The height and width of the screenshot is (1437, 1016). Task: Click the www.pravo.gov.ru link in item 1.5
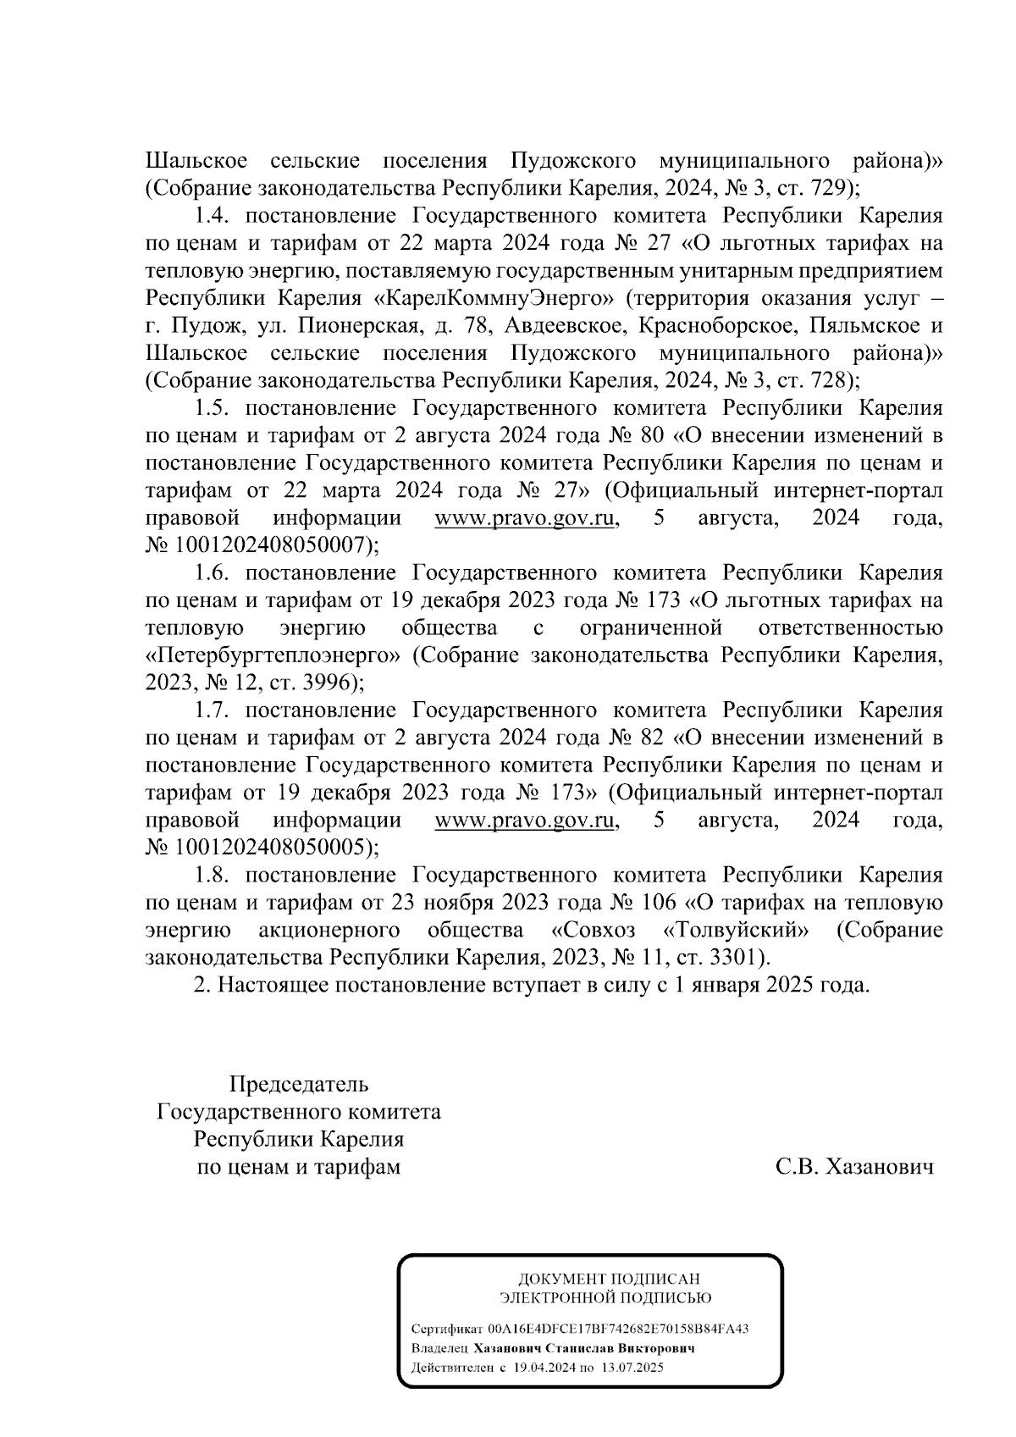tap(524, 518)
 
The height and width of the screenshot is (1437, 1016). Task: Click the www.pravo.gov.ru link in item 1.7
tap(524, 820)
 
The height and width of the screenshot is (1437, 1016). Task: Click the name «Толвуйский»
tap(736, 930)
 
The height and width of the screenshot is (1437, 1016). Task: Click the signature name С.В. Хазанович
tap(854, 1168)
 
